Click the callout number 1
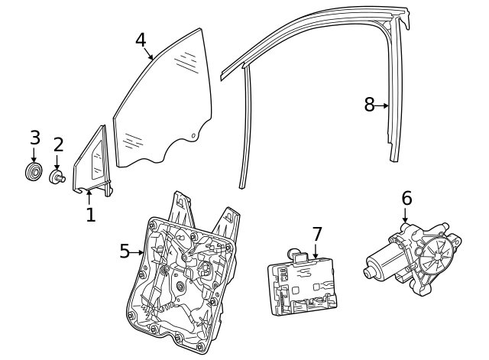90,215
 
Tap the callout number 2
58,144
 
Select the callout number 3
34,138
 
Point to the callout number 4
141,40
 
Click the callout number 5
125,251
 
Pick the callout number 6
406,199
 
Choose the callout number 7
317,234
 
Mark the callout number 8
369,105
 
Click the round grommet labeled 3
34,172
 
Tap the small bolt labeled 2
57,177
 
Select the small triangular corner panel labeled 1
94,162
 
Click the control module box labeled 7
302,287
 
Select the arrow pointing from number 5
138,251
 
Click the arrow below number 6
406,215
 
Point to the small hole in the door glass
193,136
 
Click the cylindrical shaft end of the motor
372,271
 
